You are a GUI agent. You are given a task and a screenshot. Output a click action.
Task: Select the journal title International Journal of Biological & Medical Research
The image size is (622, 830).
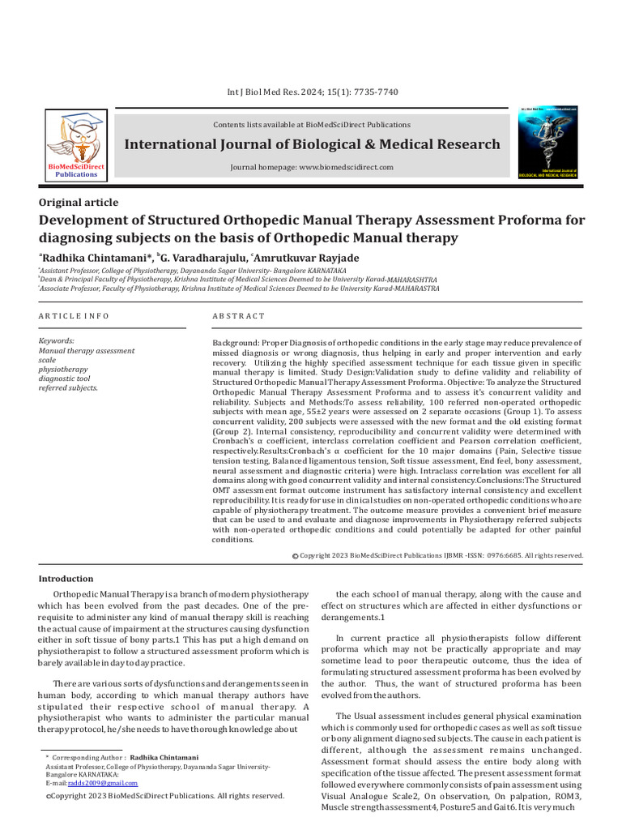pyautogui.click(x=312, y=144)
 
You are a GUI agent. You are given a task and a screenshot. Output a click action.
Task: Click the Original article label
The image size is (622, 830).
pyautogui.click(x=79, y=203)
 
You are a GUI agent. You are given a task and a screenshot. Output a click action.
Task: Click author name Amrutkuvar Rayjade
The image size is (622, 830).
pyautogui.click(x=309, y=258)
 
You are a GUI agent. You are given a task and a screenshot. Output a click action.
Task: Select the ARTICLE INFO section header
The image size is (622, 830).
pyautogui.click(x=74, y=315)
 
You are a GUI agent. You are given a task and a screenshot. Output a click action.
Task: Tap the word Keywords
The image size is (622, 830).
pyautogui.click(x=57, y=341)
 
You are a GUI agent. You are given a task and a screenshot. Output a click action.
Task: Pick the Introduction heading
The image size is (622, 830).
pyautogui.click(x=66, y=579)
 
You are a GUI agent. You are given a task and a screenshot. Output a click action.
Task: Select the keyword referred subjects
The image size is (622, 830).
pyautogui.click(x=68, y=387)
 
